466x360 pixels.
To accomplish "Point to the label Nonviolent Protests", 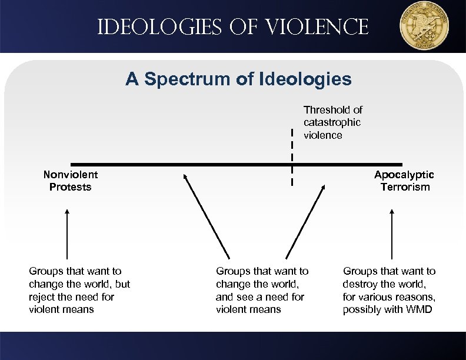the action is tap(71, 181).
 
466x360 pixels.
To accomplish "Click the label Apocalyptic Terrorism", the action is tap(404, 181).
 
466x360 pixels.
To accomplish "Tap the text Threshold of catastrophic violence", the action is tap(332, 122).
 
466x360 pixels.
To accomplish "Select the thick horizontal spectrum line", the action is tap(177, 164).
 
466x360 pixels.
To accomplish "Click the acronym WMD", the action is tap(418, 309).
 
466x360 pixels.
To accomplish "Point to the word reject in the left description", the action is tap(42, 296).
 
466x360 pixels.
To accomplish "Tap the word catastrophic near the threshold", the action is tap(332, 122).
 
